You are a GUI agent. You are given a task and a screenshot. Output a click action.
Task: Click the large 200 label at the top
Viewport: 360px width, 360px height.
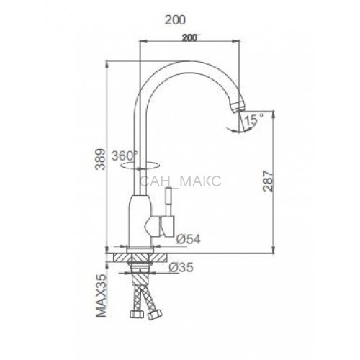pos(175,20)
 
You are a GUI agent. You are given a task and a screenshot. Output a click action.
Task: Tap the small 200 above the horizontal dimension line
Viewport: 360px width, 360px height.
pos(189,37)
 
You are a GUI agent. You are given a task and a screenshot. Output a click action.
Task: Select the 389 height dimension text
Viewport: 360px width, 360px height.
pos(100,159)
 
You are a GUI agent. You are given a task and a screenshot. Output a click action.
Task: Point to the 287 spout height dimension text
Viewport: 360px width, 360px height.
pos(268,181)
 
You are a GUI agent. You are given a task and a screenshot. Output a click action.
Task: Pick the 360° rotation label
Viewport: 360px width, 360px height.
pos(125,156)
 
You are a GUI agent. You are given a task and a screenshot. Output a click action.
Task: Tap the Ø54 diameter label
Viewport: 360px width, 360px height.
pos(188,239)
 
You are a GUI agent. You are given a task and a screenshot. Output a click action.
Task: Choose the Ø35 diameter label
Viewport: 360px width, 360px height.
pos(181,267)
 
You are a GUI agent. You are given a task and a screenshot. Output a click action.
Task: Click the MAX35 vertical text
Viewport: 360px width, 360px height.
pos(101,295)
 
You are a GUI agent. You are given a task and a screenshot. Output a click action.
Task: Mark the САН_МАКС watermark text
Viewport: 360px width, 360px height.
pos(180,181)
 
